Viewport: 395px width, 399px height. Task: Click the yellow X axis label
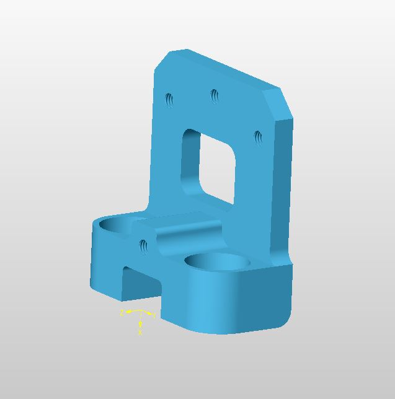tap(140, 333)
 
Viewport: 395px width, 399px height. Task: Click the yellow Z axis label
tap(122, 312)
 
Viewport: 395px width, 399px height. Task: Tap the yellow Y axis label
tap(154, 316)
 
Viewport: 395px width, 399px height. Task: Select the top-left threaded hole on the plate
tap(169, 99)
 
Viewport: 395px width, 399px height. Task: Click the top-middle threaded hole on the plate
tap(215, 96)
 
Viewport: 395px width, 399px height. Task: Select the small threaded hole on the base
tap(144, 247)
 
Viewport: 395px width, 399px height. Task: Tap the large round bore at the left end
tap(117, 224)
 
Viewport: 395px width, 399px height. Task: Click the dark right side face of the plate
tap(281, 186)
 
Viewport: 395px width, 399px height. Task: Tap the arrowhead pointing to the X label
tap(140, 325)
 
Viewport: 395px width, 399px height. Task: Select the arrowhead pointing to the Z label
tap(128, 312)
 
